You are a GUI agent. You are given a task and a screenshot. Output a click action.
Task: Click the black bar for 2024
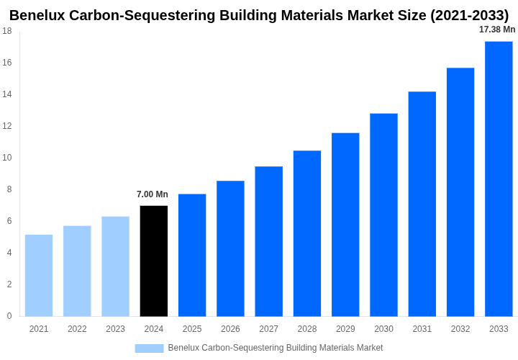click(153, 261)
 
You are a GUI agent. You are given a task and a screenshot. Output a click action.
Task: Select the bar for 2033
click(499, 179)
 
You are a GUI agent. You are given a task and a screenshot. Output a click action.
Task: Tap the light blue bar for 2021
click(39, 275)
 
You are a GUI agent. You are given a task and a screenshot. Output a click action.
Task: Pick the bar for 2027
click(268, 241)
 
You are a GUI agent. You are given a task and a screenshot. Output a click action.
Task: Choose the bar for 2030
click(383, 215)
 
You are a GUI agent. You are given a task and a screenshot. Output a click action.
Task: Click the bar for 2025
click(192, 255)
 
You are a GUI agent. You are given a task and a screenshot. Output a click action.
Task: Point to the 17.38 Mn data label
click(497, 30)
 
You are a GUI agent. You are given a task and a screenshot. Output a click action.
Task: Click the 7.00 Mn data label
click(153, 194)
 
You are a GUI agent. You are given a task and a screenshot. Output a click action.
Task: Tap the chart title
click(259, 15)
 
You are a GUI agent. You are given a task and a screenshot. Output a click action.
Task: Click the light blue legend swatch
click(149, 348)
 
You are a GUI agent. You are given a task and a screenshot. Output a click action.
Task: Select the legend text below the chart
click(276, 348)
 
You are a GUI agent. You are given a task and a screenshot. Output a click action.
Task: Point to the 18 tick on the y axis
click(6, 31)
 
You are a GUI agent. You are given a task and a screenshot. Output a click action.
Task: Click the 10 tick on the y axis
click(6, 158)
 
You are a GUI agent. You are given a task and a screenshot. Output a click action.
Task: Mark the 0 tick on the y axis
click(9, 316)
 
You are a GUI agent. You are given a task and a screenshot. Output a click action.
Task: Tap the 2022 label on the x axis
click(77, 329)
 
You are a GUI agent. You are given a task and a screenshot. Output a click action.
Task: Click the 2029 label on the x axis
click(345, 329)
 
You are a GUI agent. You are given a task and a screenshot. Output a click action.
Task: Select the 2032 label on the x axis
click(460, 329)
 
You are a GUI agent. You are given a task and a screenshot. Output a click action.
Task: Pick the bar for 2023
click(115, 266)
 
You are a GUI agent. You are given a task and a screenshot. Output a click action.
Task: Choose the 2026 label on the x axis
click(230, 329)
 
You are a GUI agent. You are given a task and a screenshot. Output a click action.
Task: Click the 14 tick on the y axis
click(6, 94)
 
